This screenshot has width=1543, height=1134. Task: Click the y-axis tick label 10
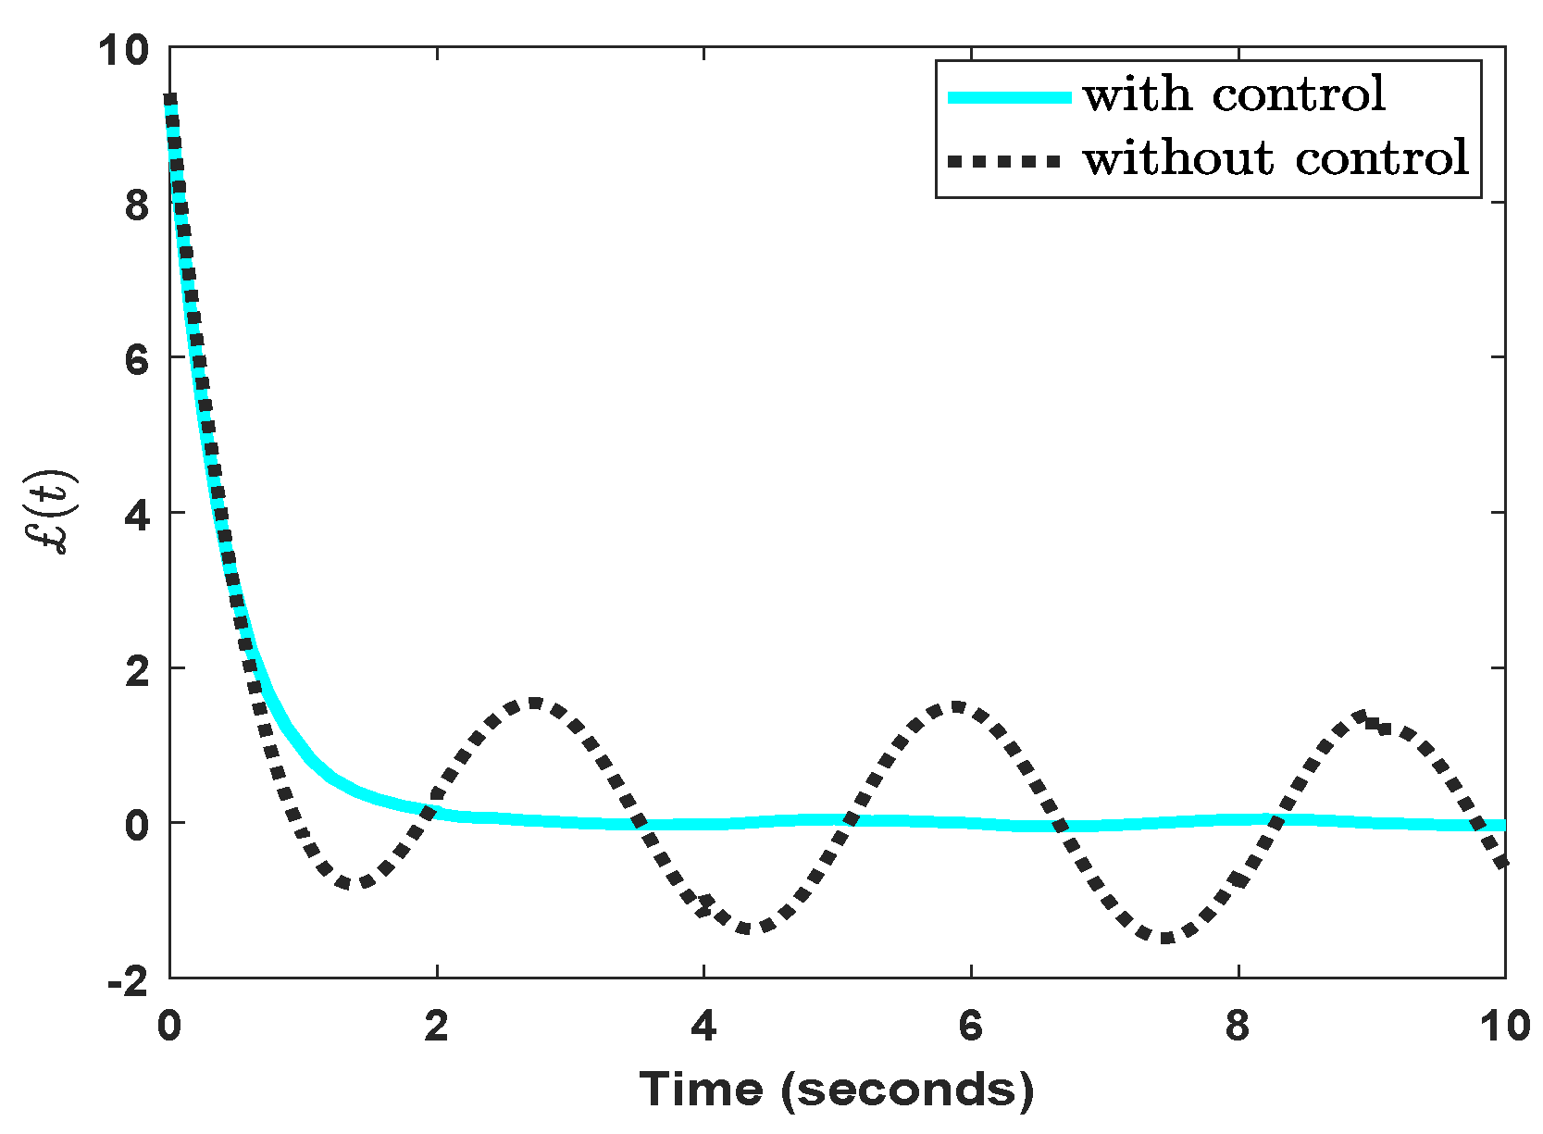(124, 50)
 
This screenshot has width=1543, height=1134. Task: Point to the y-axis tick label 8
(137, 205)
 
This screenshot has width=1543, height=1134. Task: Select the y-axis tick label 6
(137, 359)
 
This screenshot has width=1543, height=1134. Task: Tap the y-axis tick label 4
(137, 515)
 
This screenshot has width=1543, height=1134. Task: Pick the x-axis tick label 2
(436, 1027)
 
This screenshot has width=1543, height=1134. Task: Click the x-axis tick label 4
(703, 1027)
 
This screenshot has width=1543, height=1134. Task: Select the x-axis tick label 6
(970, 1027)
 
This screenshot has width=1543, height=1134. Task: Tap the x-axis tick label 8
(1238, 1027)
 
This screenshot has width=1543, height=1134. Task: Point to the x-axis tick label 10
(1504, 1027)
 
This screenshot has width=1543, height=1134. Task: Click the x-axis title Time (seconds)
(837, 1090)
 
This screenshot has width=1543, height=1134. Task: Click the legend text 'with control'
(1234, 95)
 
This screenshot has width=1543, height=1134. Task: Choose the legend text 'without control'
(1275, 158)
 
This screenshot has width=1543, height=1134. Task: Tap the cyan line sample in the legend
(1009, 96)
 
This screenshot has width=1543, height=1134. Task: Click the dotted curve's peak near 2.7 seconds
(534, 703)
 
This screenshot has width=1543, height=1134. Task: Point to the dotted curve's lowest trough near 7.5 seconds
(1165, 939)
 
